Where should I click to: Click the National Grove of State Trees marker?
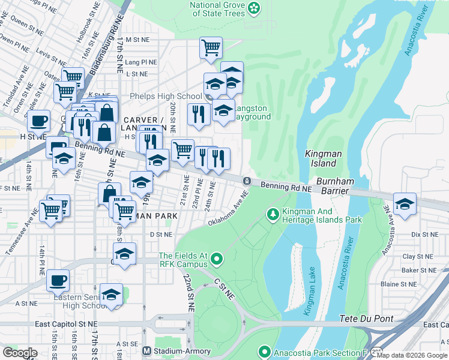(x=255, y=8)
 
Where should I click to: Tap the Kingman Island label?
(x=323, y=158)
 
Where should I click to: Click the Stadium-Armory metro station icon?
(x=146, y=351)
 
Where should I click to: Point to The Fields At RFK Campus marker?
(x=216, y=260)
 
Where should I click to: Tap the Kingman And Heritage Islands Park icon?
(x=273, y=214)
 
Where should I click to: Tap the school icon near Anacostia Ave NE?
(x=405, y=203)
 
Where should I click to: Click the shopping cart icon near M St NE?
(x=211, y=47)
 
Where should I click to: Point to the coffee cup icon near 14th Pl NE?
(x=58, y=280)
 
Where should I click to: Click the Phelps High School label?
(x=165, y=97)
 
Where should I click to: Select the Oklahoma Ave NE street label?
(x=228, y=209)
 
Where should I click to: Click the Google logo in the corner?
(x=20, y=353)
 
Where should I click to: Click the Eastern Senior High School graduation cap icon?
(x=111, y=295)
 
